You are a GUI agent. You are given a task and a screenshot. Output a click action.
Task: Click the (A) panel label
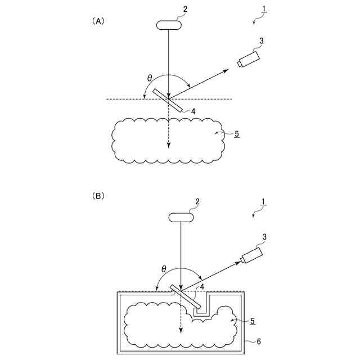(98, 21)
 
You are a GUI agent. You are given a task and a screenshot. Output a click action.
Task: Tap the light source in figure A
(169, 25)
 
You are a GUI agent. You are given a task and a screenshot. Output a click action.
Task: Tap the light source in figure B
(181, 217)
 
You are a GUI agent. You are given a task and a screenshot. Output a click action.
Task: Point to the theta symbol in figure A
(149, 78)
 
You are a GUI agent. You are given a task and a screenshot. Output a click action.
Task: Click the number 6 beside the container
(258, 341)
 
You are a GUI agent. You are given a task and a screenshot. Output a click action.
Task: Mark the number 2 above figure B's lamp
(197, 201)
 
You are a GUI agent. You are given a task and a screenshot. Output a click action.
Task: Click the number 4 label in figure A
(193, 111)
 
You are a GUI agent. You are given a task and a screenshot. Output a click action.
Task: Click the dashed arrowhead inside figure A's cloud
(169, 146)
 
